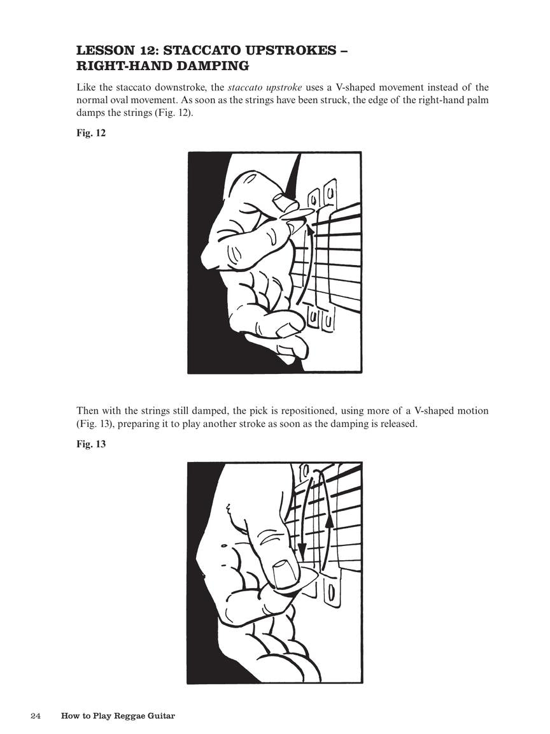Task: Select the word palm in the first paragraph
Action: click(477, 100)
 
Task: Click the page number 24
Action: click(36, 716)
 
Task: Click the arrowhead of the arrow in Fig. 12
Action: click(310, 227)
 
